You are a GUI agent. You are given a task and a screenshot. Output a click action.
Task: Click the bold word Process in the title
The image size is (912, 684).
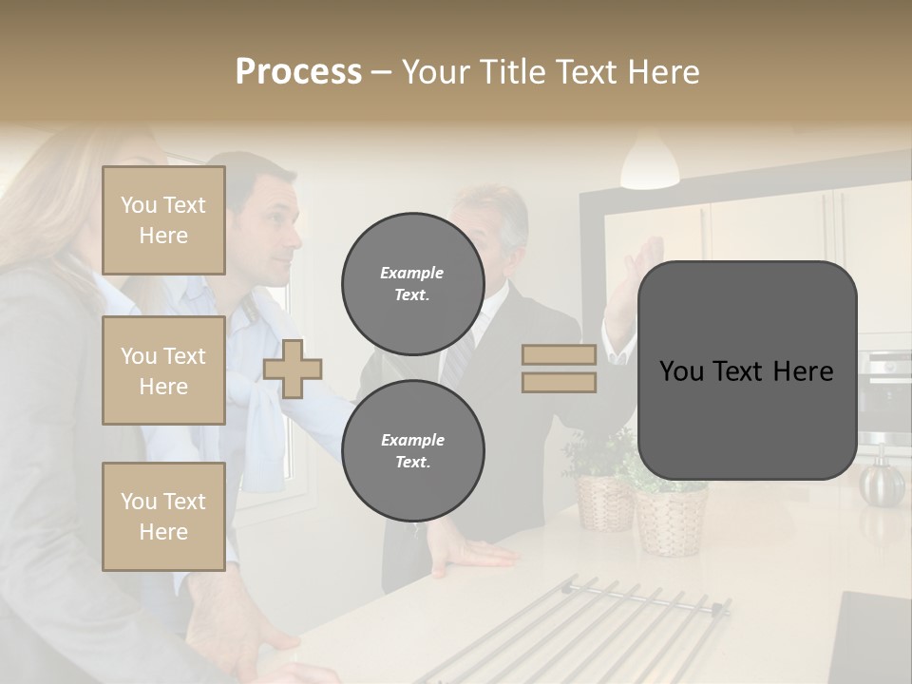(x=298, y=72)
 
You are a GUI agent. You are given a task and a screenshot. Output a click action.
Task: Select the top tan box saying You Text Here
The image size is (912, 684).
(x=163, y=220)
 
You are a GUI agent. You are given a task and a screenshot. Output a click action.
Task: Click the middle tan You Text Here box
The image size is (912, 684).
(x=163, y=370)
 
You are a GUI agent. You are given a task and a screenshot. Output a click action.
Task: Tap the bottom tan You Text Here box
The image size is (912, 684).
(x=163, y=517)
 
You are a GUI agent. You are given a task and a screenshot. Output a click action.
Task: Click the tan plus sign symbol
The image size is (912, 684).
(x=293, y=369)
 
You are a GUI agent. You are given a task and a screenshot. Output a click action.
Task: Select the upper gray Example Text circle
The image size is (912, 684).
(x=412, y=283)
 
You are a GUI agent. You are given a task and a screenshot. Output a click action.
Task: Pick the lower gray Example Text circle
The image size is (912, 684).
(x=412, y=450)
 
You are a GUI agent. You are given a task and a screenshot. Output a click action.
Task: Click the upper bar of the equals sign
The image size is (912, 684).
(x=559, y=355)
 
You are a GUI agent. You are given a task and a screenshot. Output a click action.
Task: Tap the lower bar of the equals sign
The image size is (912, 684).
(x=559, y=382)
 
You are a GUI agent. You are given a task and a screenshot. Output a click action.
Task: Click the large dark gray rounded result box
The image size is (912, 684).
(x=747, y=370)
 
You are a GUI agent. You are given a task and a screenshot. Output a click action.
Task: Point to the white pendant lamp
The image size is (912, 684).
(x=650, y=163)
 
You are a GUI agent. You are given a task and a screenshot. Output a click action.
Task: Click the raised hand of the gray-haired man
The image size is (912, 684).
(x=648, y=266)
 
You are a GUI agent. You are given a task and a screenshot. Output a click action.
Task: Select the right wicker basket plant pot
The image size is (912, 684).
(x=671, y=518)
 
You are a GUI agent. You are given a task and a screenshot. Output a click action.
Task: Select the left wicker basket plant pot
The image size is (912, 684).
(x=604, y=502)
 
